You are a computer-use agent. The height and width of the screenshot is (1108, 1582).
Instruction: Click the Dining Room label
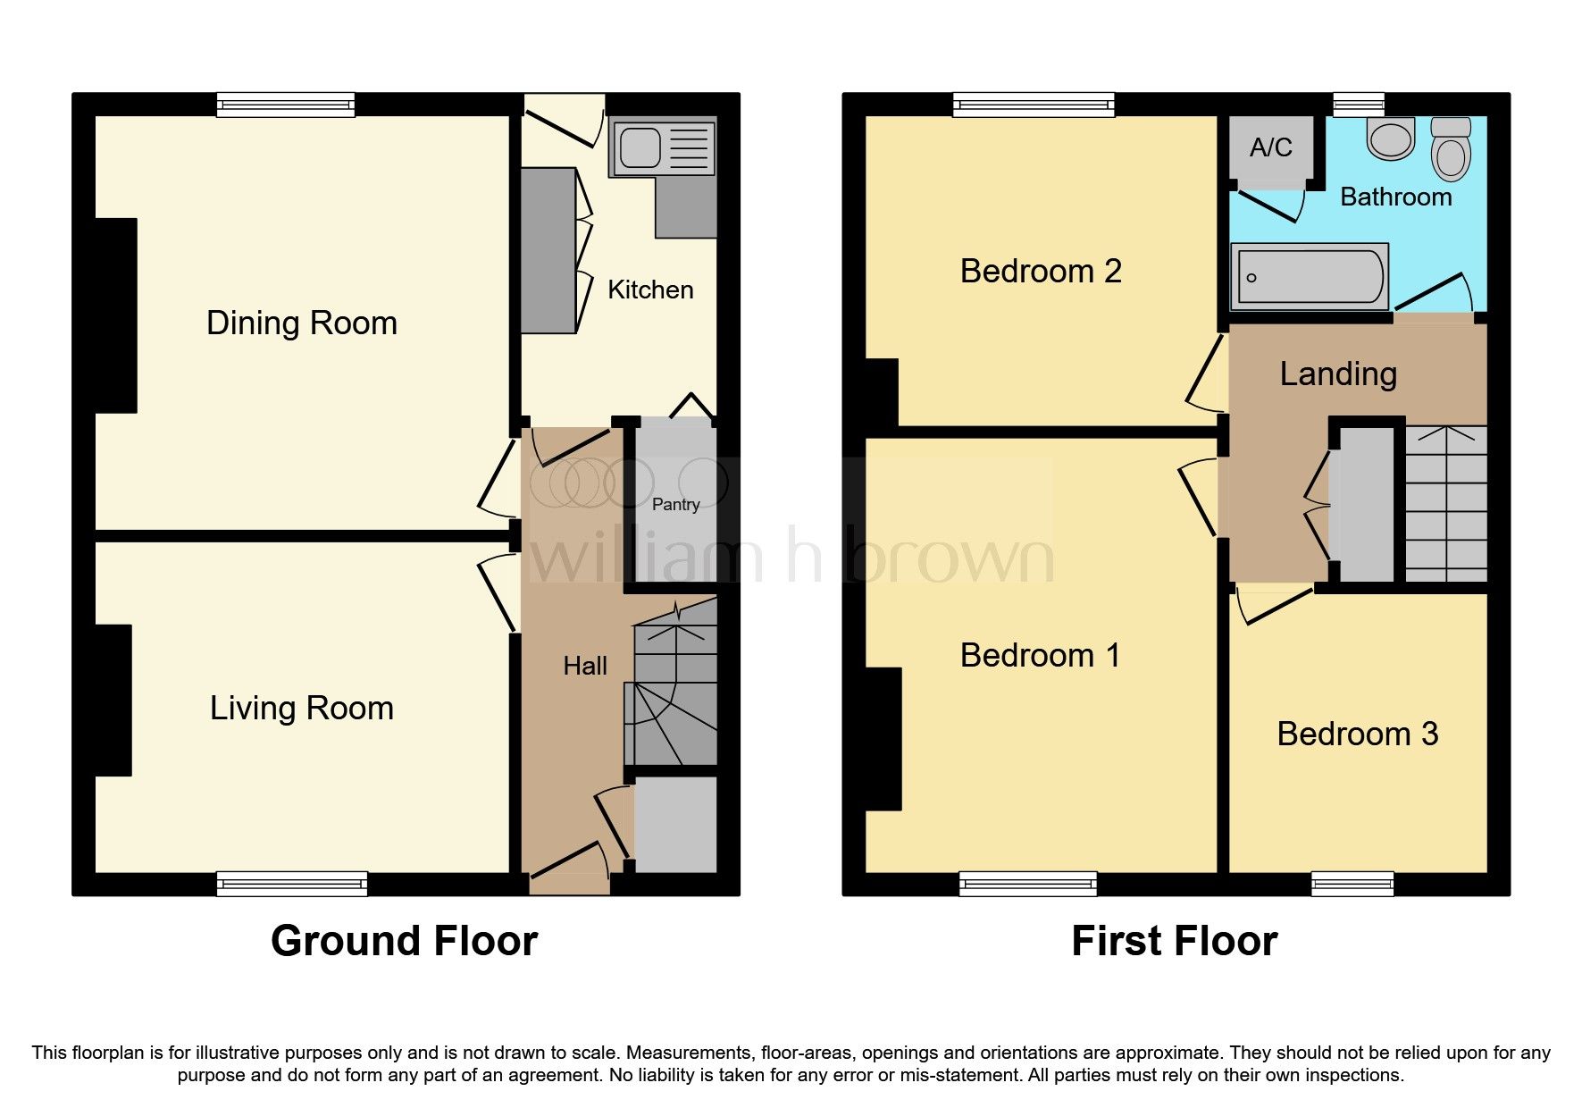pyautogui.click(x=301, y=323)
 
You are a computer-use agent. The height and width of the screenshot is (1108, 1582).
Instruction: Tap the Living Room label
pyautogui.click(x=301, y=708)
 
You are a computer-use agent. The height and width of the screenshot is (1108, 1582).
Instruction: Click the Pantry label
pyautogui.click(x=675, y=505)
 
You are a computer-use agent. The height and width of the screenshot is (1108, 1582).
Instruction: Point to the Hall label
pyautogui.click(x=585, y=666)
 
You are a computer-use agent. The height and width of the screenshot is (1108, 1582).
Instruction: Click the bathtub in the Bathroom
pyautogui.click(x=1309, y=277)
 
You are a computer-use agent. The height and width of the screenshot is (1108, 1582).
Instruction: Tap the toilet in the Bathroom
pyautogui.click(x=1450, y=149)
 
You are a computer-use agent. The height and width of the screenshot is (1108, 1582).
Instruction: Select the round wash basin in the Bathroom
pyautogui.click(x=1391, y=138)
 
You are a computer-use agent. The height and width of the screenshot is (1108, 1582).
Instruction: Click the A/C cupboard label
pyautogui.click(x=1270, y=147)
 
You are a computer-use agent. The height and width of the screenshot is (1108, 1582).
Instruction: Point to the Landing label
pyautogui.click(x=1337, y=374)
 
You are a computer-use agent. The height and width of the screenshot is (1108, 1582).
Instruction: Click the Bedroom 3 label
pyautogui.click(x=1357, y=734)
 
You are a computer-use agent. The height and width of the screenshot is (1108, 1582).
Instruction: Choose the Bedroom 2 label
pyautogui.click(x=1041, y=271)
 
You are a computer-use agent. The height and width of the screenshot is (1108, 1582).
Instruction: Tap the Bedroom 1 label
pyautogui.click(x=1040, y=655)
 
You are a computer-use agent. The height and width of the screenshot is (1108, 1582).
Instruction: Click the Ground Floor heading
pyautogui.click(x=404, y=941)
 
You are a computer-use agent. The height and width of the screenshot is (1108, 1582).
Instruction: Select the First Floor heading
pyautogui.click(x=1174, y=941)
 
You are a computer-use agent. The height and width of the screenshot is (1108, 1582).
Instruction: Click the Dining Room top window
pyautogui.click(x=286, y=105)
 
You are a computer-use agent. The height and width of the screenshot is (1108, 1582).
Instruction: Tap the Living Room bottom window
pyautogui.click(x=292, y=884)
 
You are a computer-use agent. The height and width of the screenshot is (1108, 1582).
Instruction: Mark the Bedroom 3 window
pyautogui.click(x=1352, y=884)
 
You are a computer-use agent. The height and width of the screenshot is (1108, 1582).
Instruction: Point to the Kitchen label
pyautogui.click(x=650, y=290)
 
